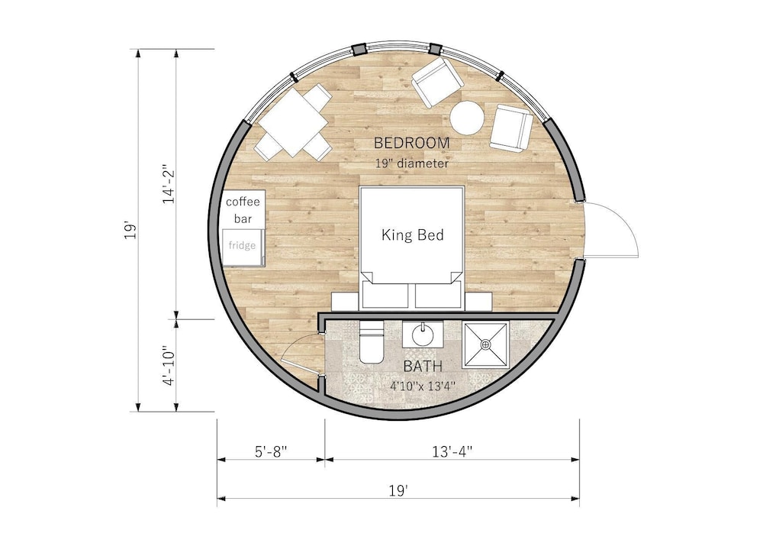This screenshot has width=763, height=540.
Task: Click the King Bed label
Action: (x=412, y=235)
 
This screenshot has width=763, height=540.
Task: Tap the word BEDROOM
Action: (x=412, y=143)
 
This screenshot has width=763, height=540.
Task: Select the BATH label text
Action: (x=423, y=366)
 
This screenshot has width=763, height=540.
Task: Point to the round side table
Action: (x=467, y=118)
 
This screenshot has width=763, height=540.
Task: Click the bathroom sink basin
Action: (x=423, y=335)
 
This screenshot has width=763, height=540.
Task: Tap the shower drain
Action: (x=485, y=344)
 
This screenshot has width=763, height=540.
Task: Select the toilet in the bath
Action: (x=372, y=343)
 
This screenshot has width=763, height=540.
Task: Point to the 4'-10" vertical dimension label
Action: (x=169, y=366)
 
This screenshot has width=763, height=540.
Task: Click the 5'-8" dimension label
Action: (x=271, y=452)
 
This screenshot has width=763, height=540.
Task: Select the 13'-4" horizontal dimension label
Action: (x=452, y=452)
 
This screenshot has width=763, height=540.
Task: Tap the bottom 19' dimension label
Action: (x=398, y=490)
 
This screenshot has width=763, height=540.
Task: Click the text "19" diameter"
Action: (x=412, y=163)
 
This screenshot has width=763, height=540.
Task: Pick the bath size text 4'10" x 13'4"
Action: (x=423, y=386)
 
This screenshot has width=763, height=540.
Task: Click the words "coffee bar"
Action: (x=243, y=210)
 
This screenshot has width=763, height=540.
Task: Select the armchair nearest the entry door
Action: (x=510, y=128)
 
